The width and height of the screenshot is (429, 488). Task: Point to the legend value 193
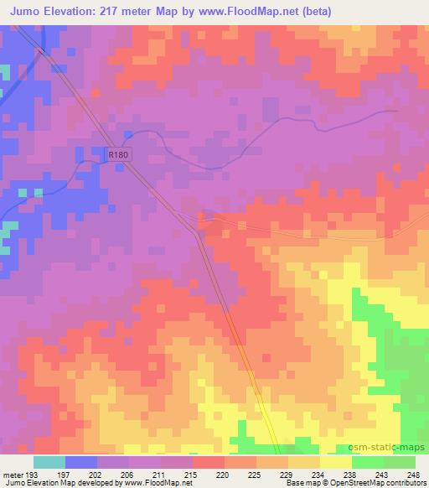[32, 475]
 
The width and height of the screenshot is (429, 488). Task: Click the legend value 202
[96, 475]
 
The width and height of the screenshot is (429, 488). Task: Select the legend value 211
[160, 475]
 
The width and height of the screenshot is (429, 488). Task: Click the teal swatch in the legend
[49, 463]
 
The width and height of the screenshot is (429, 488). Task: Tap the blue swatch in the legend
[80, 463]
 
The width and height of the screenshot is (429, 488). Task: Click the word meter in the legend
[12, 475]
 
